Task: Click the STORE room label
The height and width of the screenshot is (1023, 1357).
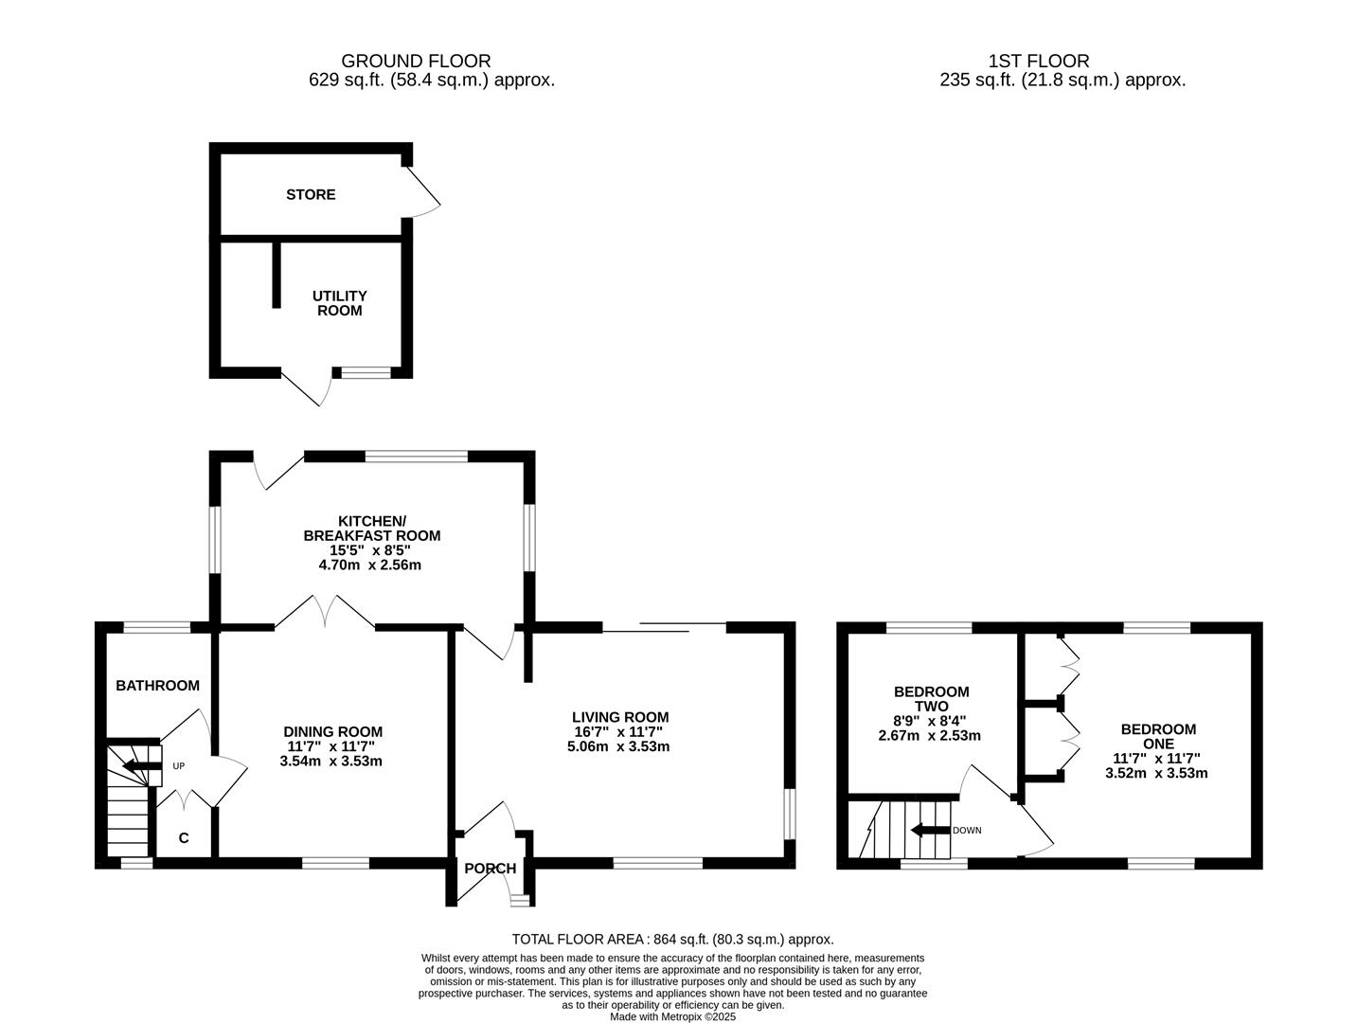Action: tap(311, 194)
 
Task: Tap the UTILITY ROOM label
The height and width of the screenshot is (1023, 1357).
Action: tap(339, 303)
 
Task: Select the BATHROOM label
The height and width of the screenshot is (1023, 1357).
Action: tap(157, 686)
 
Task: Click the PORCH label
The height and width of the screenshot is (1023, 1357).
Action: tap(490, 869)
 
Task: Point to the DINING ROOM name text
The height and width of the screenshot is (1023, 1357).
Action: tap(332, 731)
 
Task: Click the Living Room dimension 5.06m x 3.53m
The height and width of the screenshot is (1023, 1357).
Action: tap(619, 746)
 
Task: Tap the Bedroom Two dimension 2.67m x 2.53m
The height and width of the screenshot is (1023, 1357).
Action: tap(929, 735)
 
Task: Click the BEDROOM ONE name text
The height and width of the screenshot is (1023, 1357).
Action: tap(1157, 737)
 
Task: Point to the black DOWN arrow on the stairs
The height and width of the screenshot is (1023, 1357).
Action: tap(928, 831)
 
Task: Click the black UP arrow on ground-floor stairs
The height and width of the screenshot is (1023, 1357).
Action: tap(143, 765)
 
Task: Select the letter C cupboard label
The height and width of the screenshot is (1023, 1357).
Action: tap(184, 838)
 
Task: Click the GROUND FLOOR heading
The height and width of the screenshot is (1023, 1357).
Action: tap(416, 62)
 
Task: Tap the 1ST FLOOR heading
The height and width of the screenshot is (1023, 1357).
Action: tap(1038, 62)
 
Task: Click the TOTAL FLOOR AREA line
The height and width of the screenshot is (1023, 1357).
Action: tap(672, 940)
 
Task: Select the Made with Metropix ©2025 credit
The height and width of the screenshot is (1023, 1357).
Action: tap(672, 1016)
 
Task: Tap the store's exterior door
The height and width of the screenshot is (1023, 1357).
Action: tap(423, 190)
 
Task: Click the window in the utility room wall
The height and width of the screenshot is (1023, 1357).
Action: tap(366, 373)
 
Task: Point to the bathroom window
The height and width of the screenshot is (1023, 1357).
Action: tap(157, 626)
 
